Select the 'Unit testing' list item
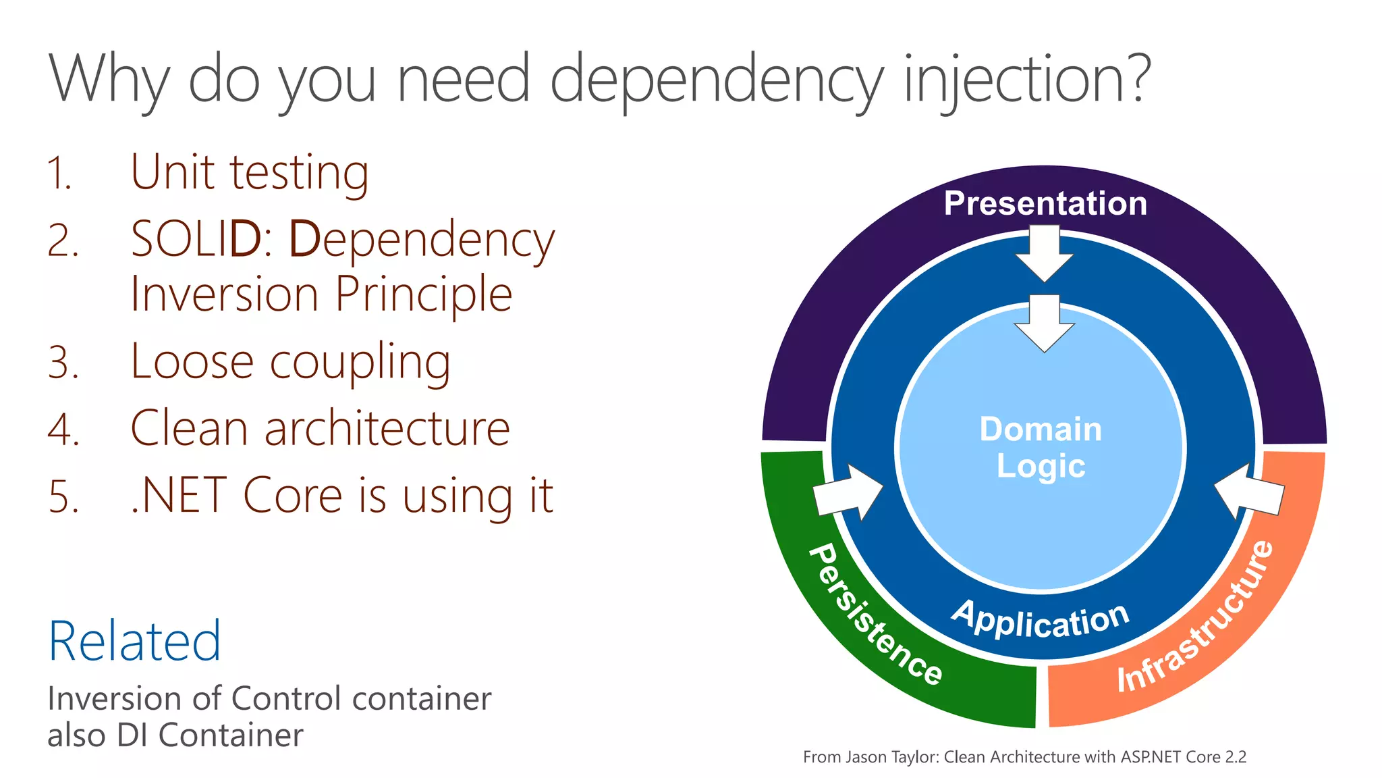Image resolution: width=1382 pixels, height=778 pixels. [x=250, y=173]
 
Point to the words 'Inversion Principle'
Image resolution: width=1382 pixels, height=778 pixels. [x=321, y=294]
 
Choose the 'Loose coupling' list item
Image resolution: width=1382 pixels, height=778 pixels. [x=290, y=362]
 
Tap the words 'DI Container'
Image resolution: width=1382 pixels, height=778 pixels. [x=210, y=735]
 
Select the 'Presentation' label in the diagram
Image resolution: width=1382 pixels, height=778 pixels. [x=1045, y=203]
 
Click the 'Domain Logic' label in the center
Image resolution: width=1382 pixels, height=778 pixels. [x=1041, y=447]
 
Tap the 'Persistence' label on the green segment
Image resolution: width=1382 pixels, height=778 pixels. [x=875, y=615]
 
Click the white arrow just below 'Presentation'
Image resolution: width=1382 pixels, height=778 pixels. [x=1045, y=253]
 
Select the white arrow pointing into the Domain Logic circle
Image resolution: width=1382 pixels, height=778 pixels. [x=1045, y=323]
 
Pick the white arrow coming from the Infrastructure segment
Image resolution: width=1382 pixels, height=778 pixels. [x=1248, y=492]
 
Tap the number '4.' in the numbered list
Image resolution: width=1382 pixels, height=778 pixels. [x=63, y=430]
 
